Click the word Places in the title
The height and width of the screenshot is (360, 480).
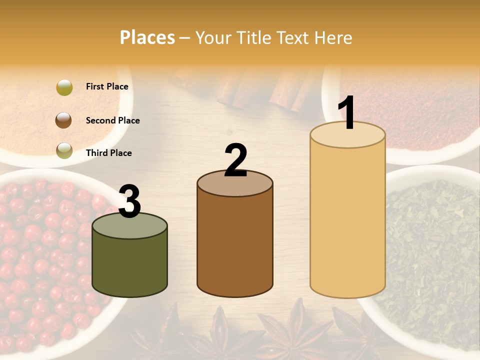click(147, 37)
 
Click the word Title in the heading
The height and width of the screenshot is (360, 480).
click(253, 37)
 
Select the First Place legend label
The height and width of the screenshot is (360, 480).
click(107, 86)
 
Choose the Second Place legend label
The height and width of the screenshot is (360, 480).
click(112, 120)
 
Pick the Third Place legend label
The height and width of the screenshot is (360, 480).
click(108, 153)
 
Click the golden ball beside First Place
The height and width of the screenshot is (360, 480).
click(64, 87)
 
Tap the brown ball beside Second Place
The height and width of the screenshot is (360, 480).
click(64, 120)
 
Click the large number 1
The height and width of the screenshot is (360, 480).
click(346, 113)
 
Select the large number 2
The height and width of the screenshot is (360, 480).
click(235, 160)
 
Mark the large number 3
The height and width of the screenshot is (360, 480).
click(129, 201)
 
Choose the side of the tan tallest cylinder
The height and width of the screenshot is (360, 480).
click(347, 220)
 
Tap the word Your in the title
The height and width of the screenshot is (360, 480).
click(213, 37)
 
